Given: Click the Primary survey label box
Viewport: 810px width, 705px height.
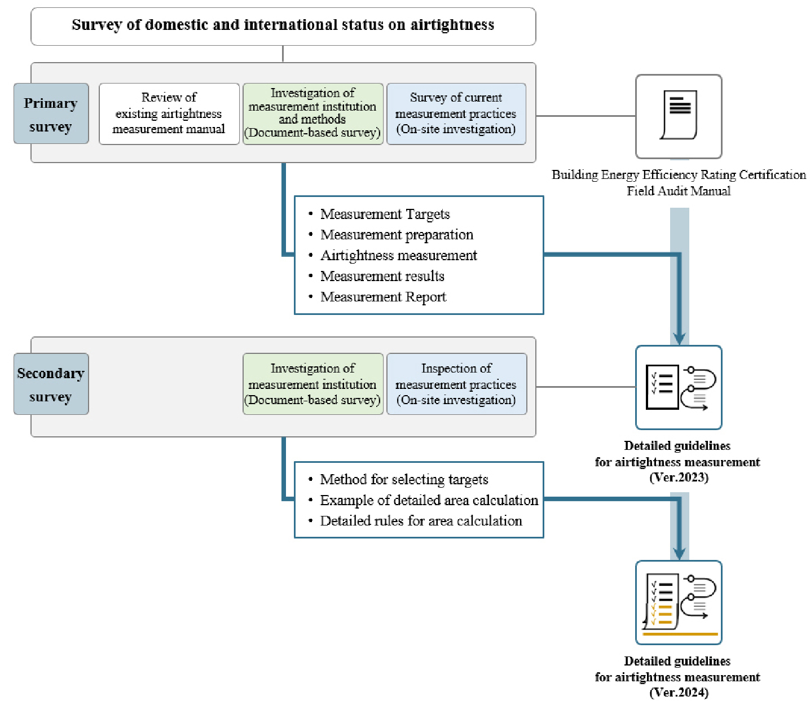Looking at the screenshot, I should [51, 113].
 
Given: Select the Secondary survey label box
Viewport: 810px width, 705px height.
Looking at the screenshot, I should [51, 384].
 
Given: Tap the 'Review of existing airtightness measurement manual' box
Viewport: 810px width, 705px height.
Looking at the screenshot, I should [169, 113].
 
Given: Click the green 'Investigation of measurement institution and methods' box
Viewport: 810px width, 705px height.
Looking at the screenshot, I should [313, 113].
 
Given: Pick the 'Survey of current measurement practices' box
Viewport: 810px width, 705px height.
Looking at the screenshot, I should [456, 113].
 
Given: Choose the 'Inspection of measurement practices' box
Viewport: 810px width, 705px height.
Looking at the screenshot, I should [456, 384].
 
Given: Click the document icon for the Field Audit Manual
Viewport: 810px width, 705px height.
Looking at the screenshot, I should [679, 117].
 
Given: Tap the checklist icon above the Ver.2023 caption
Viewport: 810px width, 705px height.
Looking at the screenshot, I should [679, 388].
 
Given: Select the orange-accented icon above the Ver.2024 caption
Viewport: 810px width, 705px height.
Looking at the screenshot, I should [679, 603].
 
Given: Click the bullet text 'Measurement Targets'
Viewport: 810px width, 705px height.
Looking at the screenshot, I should [385, 214].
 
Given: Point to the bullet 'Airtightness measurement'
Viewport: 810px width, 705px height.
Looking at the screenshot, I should [398, 256].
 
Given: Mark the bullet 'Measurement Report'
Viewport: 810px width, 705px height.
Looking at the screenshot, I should [383, 297].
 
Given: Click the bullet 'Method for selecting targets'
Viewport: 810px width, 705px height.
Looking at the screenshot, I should [404, 480].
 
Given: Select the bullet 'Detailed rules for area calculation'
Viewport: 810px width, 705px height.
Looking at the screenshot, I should [421, 521].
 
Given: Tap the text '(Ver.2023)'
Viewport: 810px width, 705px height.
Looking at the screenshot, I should [679, 478].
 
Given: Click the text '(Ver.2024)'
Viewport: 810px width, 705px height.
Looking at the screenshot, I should [679, 693].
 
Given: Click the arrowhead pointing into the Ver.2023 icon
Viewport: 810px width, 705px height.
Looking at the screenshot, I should [680, 339].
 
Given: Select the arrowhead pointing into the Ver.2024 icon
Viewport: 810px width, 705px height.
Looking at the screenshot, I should [680, 554].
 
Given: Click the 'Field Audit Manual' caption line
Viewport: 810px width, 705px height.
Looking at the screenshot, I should [679, 191].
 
